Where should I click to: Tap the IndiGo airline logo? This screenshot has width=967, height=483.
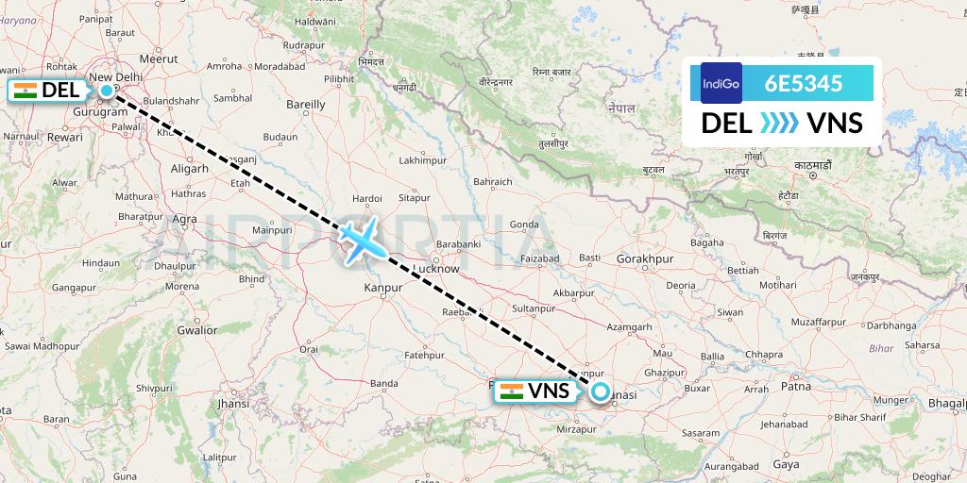tap(721, 83)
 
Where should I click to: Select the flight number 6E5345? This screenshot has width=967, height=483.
tap(806, 83)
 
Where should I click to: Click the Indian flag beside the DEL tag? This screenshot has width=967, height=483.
tap(25, 91)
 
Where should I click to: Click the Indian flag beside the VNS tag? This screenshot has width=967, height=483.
tap(510, 391)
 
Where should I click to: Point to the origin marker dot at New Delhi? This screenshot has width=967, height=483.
tap(107, 91)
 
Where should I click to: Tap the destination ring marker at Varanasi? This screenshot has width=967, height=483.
tap(599, 391)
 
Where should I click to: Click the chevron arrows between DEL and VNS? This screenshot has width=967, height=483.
tap(779, 124)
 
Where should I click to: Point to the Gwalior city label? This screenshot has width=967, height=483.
tap(196, 330)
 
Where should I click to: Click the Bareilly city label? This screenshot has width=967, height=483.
tap(305, 104)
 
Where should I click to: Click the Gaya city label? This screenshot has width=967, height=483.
tap(786, 464)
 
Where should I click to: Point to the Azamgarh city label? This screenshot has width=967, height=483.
tap(630, 326)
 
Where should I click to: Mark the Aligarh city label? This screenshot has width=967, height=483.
tap(191, 168)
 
